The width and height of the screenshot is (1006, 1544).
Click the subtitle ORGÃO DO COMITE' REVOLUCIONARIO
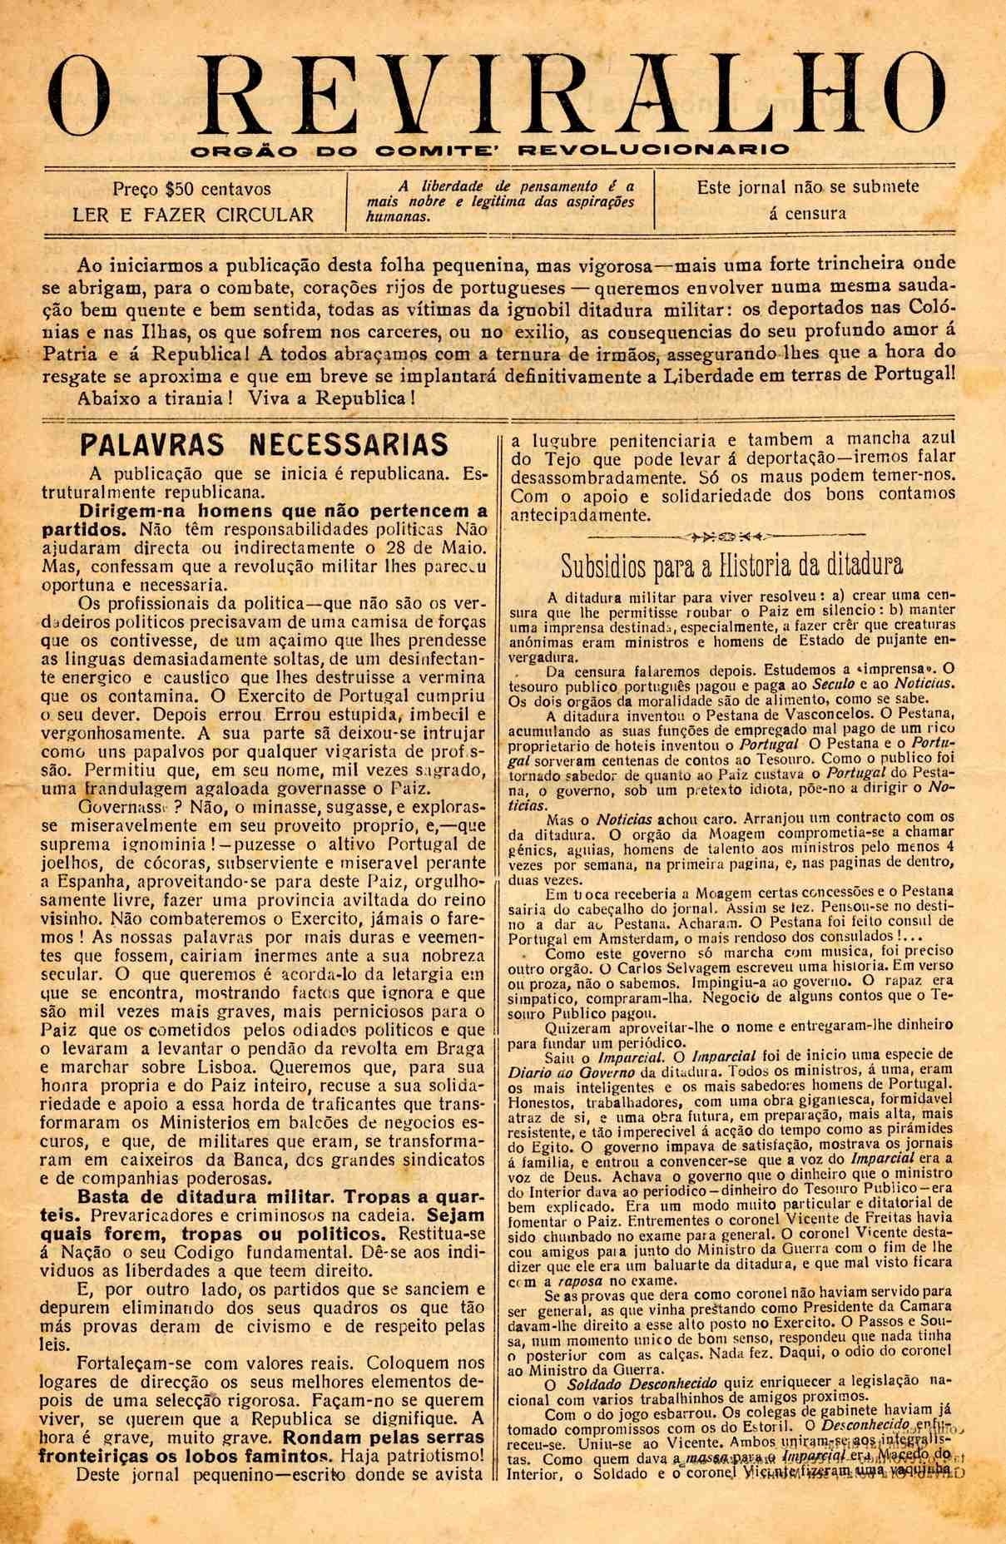[x=489, y=151]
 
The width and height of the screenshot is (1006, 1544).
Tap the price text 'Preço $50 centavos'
[x=192, y=189]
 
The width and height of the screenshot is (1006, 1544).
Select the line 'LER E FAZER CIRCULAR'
[x=193, y=215]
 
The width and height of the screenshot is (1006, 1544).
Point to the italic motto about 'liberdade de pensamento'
[x=500, y=200]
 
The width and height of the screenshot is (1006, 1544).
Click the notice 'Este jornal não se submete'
[x=808, y=187]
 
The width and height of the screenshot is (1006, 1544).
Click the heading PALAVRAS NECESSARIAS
[x=264, y=445]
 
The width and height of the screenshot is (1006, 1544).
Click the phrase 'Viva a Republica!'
[x=331, y=397]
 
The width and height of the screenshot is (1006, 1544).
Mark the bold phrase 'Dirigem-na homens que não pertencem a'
[x=283, y=510]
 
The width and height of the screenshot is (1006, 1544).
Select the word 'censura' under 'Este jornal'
[x=807, y=213]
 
